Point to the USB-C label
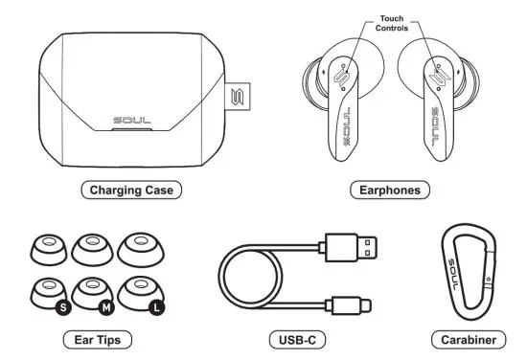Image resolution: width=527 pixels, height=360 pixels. coord(291,339)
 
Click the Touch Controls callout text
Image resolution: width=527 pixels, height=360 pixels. coord(391,23)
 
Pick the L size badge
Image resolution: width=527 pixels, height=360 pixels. coord(155,308)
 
